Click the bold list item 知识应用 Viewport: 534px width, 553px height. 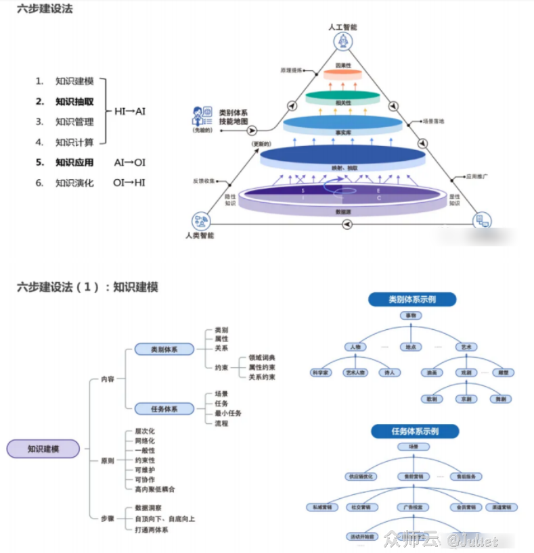74,162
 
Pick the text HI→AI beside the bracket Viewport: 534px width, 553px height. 130,111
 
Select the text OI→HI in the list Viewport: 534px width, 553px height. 129,183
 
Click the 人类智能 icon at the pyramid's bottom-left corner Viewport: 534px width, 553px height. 200,220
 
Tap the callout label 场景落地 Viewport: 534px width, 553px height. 433,122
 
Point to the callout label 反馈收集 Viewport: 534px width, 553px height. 203,181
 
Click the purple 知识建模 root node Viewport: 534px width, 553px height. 43,448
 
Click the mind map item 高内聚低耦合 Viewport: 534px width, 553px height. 154,489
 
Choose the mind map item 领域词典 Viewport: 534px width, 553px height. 262,358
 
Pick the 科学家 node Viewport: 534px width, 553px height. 321,372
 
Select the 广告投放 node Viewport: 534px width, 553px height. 413,507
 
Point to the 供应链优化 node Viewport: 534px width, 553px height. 360,476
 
